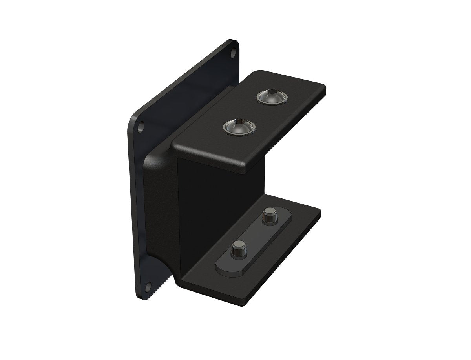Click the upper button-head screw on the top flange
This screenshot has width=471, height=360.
click(272, 97)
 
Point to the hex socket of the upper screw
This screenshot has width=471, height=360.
click(272, 95)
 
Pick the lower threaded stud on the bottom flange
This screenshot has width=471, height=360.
click(237, 251)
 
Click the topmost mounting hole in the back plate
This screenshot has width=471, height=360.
click(234, 52)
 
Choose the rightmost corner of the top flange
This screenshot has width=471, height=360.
click(325, 89)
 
